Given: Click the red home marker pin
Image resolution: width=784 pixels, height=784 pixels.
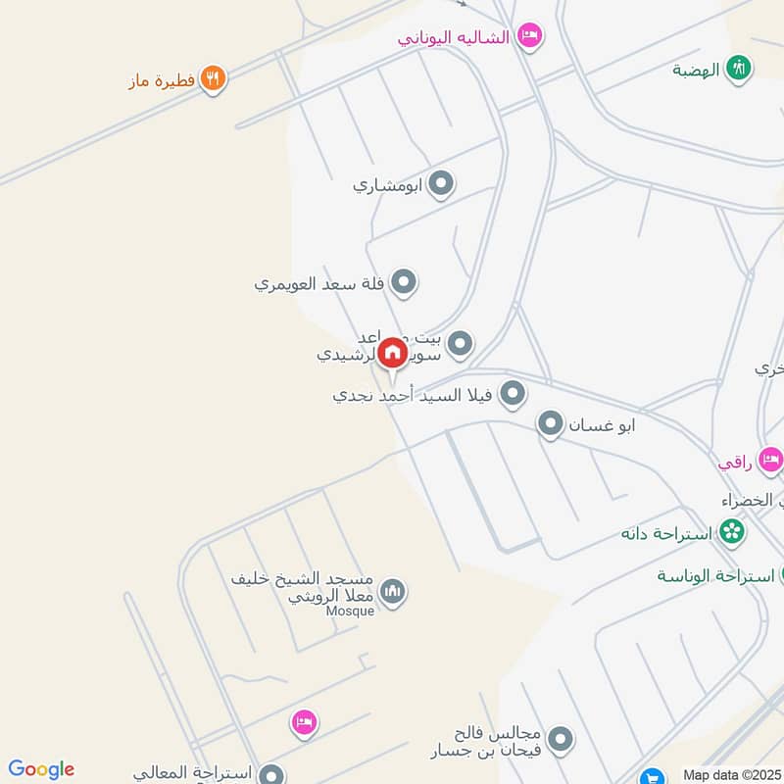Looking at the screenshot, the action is coord(392,353).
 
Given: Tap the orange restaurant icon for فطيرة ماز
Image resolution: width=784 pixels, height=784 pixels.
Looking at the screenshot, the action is coord(213,78).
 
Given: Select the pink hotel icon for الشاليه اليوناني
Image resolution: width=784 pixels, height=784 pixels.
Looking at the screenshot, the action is coord(529,36).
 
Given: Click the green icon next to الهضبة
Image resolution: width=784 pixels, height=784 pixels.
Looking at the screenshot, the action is coord(740,69).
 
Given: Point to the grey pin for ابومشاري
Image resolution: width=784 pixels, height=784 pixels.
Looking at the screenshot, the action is coord(441,183).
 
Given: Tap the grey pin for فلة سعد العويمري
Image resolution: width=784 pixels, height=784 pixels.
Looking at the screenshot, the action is coord(403,284).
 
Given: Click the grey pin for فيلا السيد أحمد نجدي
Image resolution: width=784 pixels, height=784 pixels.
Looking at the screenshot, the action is coord(512,395).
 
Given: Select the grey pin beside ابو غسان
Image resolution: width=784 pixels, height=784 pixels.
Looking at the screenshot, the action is coord(551,424).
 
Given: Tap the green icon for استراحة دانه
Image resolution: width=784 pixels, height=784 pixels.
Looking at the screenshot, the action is coord(730,533).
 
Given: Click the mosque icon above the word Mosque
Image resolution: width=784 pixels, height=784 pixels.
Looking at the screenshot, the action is coord(392,591).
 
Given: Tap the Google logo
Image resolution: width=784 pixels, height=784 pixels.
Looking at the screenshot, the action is coord(41,769).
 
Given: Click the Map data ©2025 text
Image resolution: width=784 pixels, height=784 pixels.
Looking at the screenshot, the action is coord(729,774).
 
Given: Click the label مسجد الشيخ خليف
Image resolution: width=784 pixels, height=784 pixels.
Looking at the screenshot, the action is coord(305,579).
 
